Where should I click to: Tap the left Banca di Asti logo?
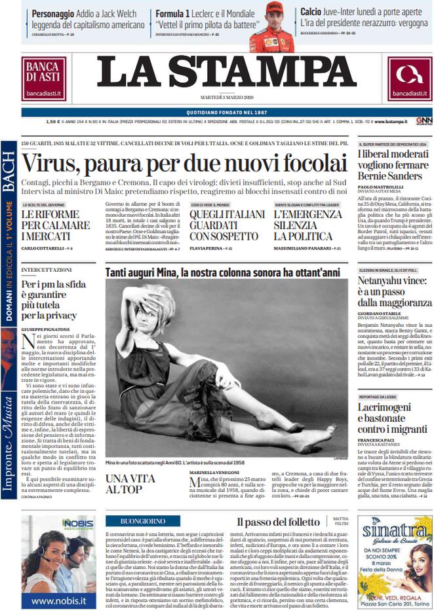click(44, 79)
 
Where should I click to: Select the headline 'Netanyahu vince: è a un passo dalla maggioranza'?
click(391, 292)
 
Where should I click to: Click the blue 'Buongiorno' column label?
click(143, 521)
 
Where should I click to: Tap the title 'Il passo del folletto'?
click(279, 522)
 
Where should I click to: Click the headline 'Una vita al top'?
click(130, 483)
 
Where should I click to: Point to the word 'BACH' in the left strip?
click(9, 172)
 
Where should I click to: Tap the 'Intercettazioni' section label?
click(47, 270)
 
